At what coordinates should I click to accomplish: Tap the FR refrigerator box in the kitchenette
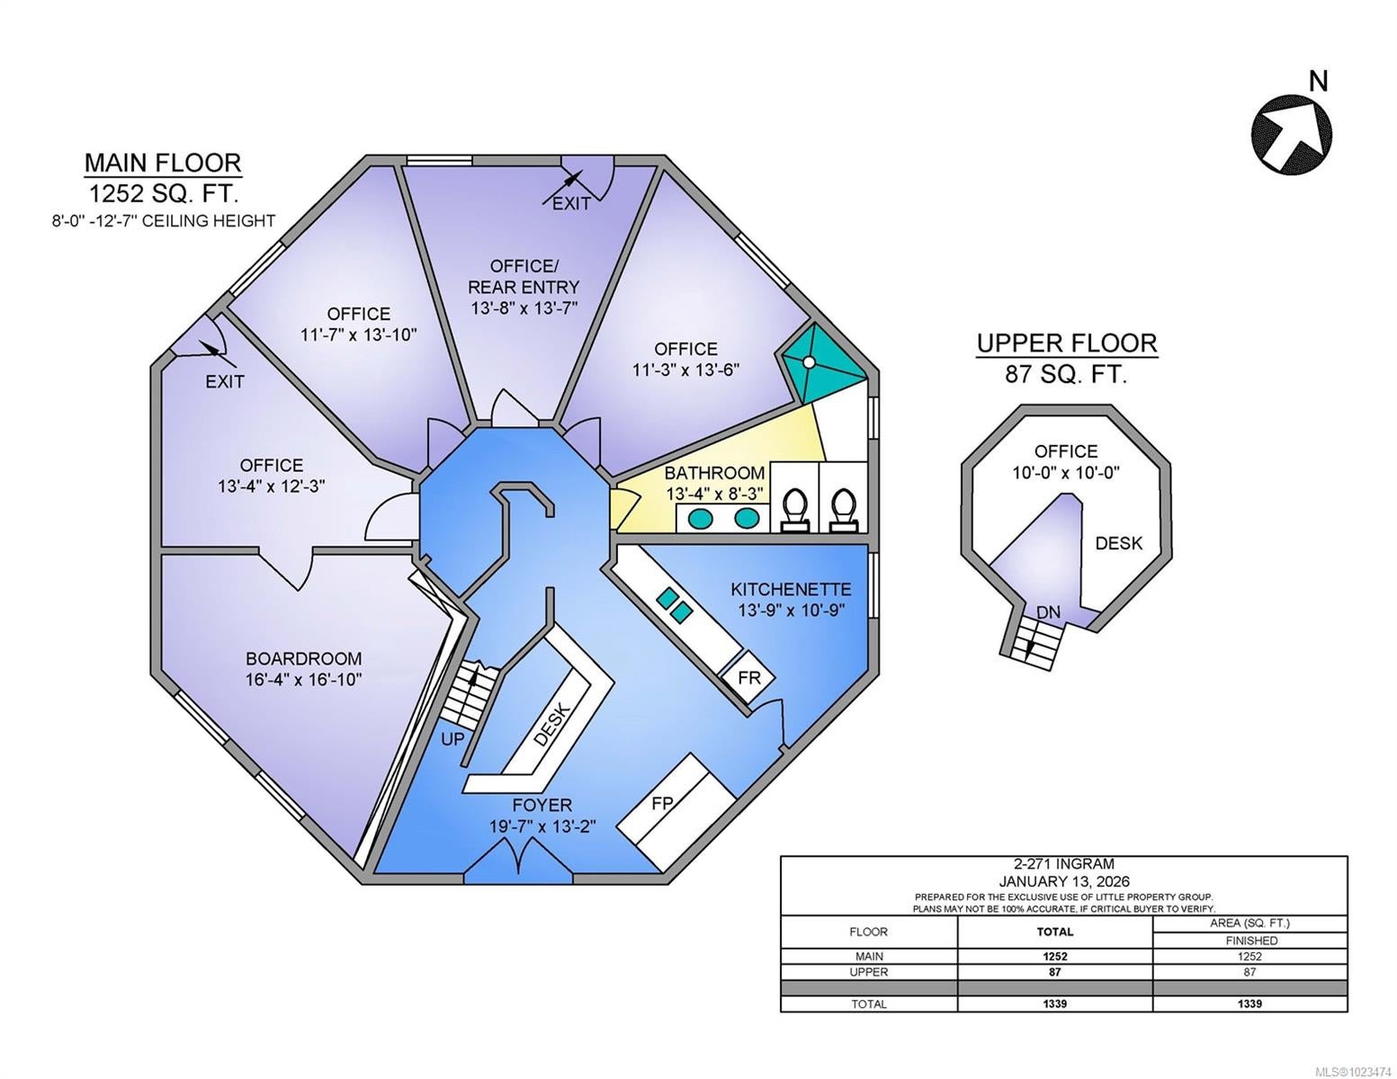[748, 678]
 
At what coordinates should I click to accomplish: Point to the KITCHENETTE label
[791, 590]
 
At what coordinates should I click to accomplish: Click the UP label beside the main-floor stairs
[452, 739]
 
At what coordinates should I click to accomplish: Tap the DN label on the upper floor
[1048, 612]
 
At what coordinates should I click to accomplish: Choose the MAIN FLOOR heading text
[163, 163]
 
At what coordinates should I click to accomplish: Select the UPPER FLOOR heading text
[1067, 343]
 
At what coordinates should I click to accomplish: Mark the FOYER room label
[542, 805]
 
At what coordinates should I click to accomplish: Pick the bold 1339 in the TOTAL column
[1054, 1003]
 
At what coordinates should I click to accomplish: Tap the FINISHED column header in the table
[1249, 941]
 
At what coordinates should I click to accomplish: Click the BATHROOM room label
[714, 473]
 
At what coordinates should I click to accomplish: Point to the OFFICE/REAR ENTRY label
[524, 276]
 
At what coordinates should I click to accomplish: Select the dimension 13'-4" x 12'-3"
[271, 486]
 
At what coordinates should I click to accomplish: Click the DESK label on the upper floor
[1118, 543]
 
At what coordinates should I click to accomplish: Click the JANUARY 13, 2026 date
[1063, 881]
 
